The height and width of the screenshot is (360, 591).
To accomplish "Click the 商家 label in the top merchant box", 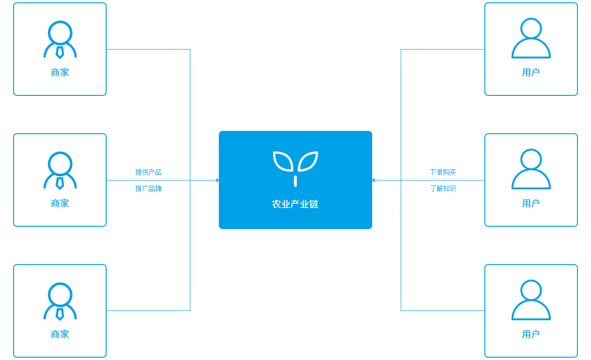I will pos(60,72).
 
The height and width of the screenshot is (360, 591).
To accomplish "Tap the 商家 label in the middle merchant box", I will pos(60,203).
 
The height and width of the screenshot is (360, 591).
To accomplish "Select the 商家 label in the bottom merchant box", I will pos(60,334).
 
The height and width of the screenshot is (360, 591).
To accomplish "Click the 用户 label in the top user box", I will pos(531,72).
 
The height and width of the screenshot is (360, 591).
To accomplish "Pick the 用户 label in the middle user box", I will pos(531,203).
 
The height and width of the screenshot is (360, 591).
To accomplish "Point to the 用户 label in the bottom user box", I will pos(531,334).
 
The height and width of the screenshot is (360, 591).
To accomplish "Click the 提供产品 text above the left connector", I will pos(148,172).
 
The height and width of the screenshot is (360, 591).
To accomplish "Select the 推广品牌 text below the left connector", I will pos(148,188).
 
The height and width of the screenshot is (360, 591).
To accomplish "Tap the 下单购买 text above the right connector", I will pos(443,172).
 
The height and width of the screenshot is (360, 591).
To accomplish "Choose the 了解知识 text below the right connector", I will pos(443,188).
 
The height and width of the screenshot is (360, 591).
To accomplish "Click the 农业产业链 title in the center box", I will pos(295,204).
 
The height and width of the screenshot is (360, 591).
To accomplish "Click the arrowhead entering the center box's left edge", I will pos(217,180).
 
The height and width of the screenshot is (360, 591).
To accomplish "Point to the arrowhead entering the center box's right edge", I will pos(374,180).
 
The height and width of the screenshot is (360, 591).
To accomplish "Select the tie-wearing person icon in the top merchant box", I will pos(60,40).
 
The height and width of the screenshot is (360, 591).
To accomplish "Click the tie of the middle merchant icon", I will pos(60,183).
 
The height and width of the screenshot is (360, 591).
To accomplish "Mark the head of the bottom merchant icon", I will pos(60,295).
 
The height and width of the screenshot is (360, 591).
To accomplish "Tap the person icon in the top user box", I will pos(531,38).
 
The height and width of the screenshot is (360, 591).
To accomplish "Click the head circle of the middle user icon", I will pos(531,159).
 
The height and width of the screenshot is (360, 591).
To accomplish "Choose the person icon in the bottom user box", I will pos(531,300).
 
